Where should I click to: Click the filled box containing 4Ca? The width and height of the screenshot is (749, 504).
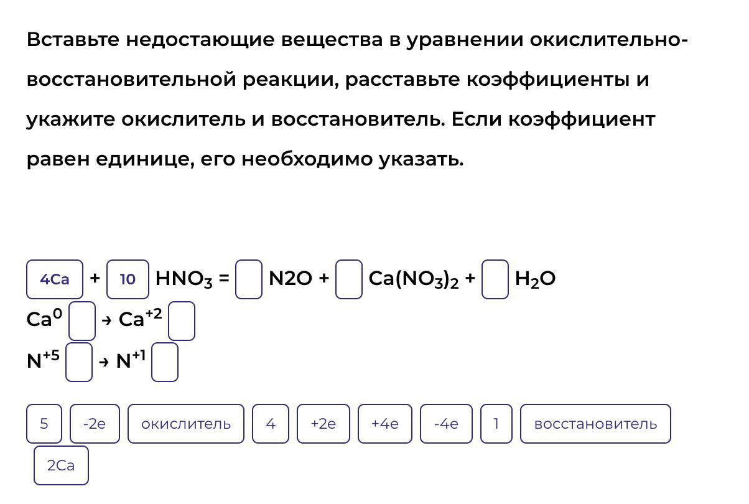pos(55,279)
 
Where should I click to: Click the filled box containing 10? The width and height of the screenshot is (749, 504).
pos(128,279)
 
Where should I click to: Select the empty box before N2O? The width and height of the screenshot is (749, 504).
pos(249,279)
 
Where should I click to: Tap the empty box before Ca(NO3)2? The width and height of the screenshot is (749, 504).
pos(349,279)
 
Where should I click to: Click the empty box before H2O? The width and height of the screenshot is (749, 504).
pos(495,279)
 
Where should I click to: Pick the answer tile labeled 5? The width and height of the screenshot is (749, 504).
pos(44,424)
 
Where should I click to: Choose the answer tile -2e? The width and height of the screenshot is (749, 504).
pos(95,424)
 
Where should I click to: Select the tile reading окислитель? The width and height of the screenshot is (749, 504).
pos(186,424)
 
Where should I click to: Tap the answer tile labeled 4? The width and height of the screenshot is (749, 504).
pos(271,424)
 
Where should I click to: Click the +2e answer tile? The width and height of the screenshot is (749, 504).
pos(323,424)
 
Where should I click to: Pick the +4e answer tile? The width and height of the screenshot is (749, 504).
pos(385,424)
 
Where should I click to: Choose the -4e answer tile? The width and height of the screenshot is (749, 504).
pos(446,424)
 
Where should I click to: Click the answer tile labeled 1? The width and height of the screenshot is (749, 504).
pos(496,424)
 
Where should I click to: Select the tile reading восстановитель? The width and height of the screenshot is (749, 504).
pos(595,424)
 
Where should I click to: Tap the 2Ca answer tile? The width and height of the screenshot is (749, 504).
pos(61,465)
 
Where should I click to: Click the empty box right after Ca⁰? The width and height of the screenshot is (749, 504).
pos(82,321)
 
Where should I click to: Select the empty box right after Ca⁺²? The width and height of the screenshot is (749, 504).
pos(182,321)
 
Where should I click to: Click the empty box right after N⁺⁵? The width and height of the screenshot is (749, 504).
pos(79,362)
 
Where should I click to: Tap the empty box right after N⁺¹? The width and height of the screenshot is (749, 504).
pos(165,362)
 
